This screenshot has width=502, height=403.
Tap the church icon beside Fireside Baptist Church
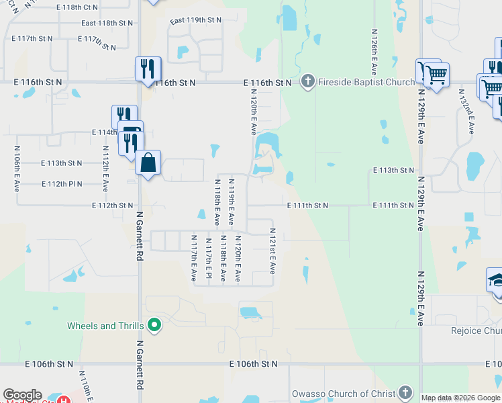308,82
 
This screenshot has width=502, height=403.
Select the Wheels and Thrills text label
105,326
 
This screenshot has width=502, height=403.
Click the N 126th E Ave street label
374,52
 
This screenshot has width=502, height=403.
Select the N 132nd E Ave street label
466,111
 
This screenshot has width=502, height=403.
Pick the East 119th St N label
196,21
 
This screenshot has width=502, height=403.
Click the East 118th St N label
107,23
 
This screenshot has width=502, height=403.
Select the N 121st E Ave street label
272,250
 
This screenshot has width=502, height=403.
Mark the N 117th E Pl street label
208,259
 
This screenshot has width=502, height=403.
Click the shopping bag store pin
148,163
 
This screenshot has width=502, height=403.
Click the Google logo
22,395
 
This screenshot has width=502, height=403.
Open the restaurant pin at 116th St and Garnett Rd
148,69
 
